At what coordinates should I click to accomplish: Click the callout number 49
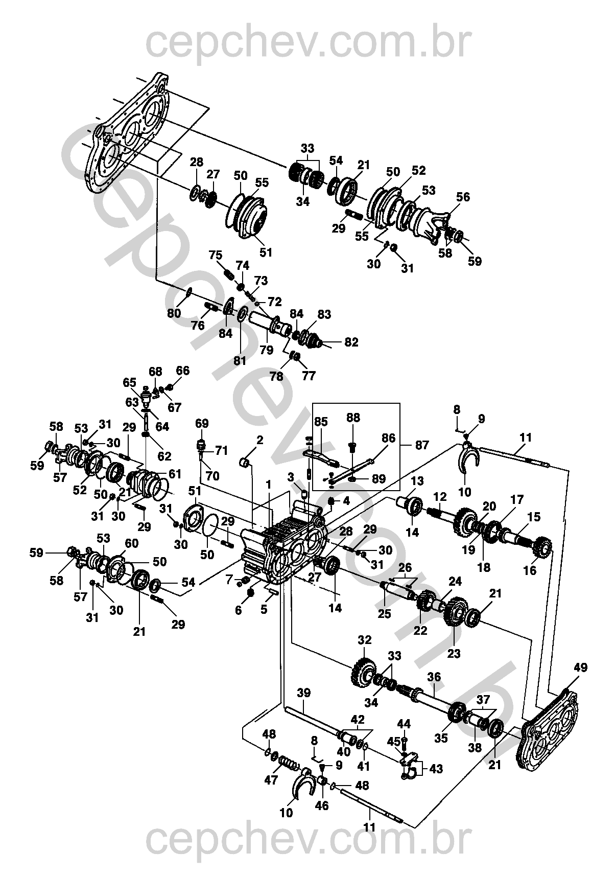pos(580,667)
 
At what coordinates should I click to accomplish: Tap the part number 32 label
pos(365,640)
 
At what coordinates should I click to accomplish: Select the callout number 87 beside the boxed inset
pos(422,445)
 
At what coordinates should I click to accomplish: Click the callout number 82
pos(351,342)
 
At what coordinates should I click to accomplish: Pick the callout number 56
pos(463,197)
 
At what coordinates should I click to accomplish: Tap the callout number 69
pos(202,423)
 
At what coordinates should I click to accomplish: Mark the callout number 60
pos(131,543)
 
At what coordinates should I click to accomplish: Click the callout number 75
pos(216,255)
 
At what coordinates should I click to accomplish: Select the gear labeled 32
pos(363,671)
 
